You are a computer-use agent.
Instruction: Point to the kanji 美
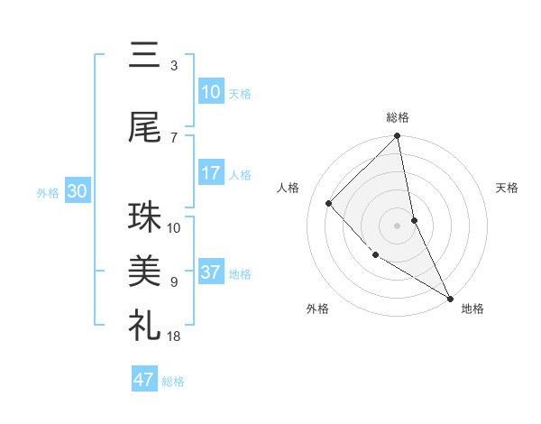145,271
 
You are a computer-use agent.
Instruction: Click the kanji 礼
145,324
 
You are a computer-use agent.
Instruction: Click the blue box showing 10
210,92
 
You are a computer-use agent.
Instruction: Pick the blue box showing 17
210,173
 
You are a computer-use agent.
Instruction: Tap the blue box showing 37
210,272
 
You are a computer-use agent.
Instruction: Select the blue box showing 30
77,191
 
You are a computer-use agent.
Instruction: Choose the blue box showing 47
144,380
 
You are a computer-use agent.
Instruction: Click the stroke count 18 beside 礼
173,336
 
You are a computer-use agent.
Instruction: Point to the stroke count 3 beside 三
173,66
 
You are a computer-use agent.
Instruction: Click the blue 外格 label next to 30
48,192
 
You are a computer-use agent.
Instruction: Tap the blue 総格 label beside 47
173,381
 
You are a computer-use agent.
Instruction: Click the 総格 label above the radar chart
398,117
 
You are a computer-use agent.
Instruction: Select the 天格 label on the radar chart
508,188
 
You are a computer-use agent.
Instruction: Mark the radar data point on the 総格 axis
397,137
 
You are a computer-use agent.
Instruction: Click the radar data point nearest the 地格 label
449,298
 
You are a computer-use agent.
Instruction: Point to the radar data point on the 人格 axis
329,203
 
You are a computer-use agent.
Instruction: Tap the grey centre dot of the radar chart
397,225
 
